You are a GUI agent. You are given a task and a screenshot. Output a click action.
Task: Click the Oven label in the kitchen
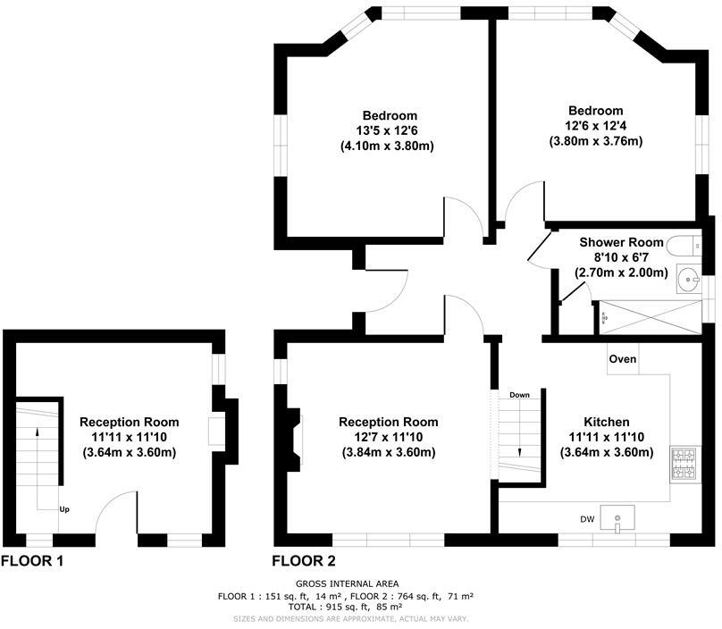623,359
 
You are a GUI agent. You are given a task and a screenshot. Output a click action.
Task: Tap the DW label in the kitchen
587,519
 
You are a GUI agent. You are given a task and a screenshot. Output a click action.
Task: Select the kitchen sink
618,517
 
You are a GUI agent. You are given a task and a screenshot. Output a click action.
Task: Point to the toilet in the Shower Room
686,245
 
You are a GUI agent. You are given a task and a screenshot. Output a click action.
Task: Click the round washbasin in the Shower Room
690,280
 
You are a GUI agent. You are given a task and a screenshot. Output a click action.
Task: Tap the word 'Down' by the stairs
520,394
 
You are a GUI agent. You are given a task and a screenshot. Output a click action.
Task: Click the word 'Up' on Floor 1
64,509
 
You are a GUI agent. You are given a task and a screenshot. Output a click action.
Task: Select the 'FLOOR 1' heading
32,561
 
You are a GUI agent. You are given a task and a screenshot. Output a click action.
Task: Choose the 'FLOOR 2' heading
305,561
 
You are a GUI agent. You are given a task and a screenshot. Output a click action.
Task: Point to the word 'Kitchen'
607,422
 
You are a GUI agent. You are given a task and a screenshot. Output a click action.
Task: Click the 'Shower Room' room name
622,242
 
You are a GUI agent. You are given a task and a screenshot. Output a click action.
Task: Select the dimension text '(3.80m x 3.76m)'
596,141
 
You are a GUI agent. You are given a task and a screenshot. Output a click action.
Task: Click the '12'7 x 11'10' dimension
389,437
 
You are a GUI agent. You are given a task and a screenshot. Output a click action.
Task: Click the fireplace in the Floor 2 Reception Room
293,437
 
